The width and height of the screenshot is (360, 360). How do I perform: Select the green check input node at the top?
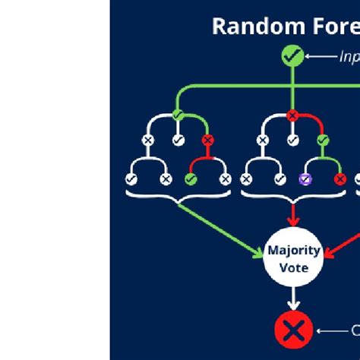click(x=292, y=55)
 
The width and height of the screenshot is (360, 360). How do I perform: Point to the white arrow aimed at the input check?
click(x=322, y=56)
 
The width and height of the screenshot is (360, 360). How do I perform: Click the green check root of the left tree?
click(x=178, y=115)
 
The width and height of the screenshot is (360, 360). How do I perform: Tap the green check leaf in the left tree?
click(x=191, y=179)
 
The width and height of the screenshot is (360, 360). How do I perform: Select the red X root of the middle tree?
click(x=292, y=115)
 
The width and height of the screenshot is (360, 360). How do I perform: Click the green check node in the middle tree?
click(x=322, y=141)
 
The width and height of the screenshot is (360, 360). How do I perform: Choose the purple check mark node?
click(x=305, y=179)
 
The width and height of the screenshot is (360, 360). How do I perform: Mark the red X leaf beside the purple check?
click(x=339, y=179)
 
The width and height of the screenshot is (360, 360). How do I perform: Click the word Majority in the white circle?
click(x=292, y=251)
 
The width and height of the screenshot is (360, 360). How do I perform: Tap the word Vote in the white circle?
click(x=292, y=267)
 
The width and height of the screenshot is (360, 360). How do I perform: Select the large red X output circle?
click(x=292, y=330)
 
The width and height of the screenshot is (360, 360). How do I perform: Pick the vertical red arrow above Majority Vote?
click(x=292, y=216)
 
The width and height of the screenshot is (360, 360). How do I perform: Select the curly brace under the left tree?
click(x=178, y=197)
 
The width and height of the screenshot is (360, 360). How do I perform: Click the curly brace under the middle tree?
click(x=292, y=197)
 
